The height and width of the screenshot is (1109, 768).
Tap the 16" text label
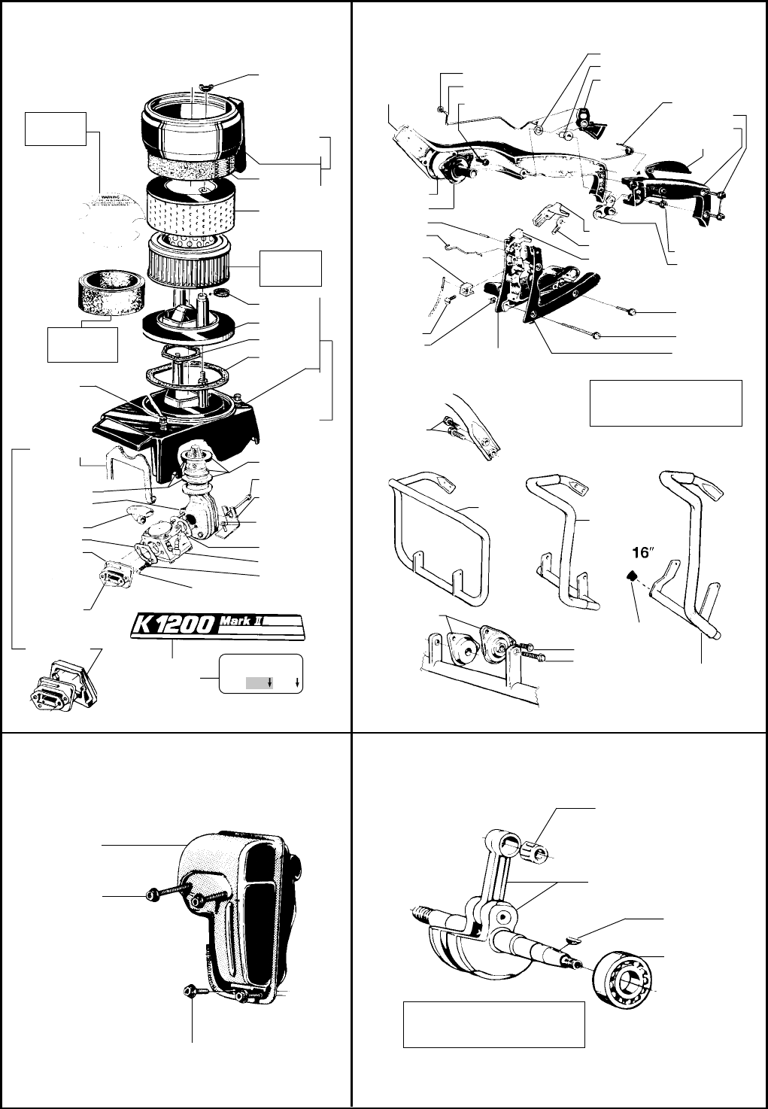[x=642, y=553]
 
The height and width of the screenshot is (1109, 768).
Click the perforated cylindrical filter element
[x=194, y=205]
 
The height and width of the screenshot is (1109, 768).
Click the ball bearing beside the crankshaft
[x=622, y=981]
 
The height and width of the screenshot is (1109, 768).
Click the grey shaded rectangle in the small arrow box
[x=257, y=682]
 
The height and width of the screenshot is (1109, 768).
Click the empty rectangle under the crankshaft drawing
[x=494, y=1023]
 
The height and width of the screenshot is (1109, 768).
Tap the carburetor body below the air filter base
[x=162, y=542]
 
